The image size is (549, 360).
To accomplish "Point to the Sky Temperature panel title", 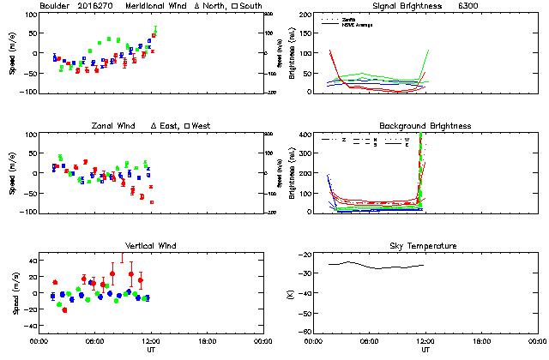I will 425,246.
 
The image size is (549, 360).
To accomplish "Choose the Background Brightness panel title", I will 425,126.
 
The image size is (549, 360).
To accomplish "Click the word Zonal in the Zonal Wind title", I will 103,126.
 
